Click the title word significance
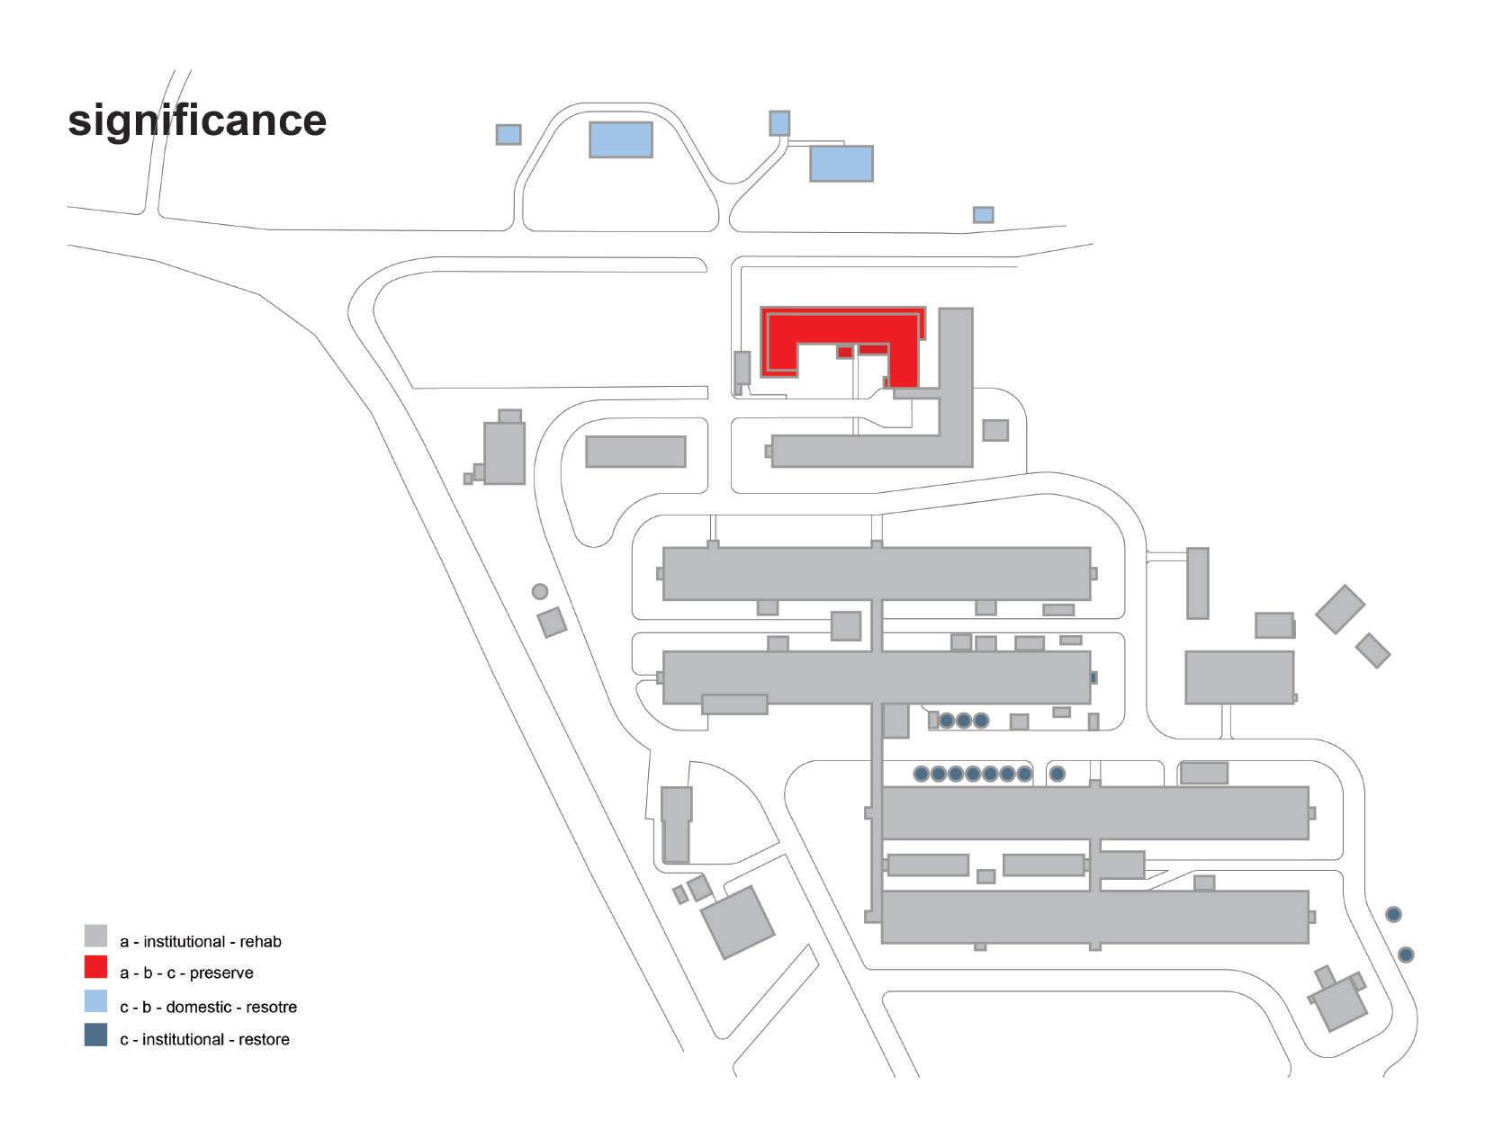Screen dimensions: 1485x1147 tap(197, 121)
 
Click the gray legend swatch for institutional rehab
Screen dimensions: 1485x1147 tap(95, 936)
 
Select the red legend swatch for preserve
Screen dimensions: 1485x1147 tap(95, 968)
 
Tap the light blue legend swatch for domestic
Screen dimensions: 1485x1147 tap(95, 1001)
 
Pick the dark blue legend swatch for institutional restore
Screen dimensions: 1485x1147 tap(95, 1035)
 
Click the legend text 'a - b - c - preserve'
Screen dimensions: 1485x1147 tap(186, 973)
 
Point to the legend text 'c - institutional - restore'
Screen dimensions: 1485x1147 tap(204, 1040)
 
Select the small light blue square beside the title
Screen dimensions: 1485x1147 tap(508, 134)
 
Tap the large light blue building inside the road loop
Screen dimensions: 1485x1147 tap(620, 139)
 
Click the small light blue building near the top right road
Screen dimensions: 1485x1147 tap(983, 215)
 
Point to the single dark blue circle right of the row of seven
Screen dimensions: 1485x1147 tap(1057, 773)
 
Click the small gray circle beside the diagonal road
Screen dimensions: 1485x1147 tap(540, 591)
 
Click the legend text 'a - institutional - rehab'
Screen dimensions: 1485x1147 tap(201, 942)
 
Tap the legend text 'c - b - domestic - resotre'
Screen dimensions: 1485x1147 tap(208, 1008)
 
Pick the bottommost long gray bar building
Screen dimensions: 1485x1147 tap(1094, 917)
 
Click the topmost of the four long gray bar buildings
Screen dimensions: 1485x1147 tap(877, 573)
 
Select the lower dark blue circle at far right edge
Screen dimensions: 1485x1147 tap(1406, 954)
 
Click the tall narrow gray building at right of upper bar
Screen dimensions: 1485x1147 tap(1197, 583)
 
